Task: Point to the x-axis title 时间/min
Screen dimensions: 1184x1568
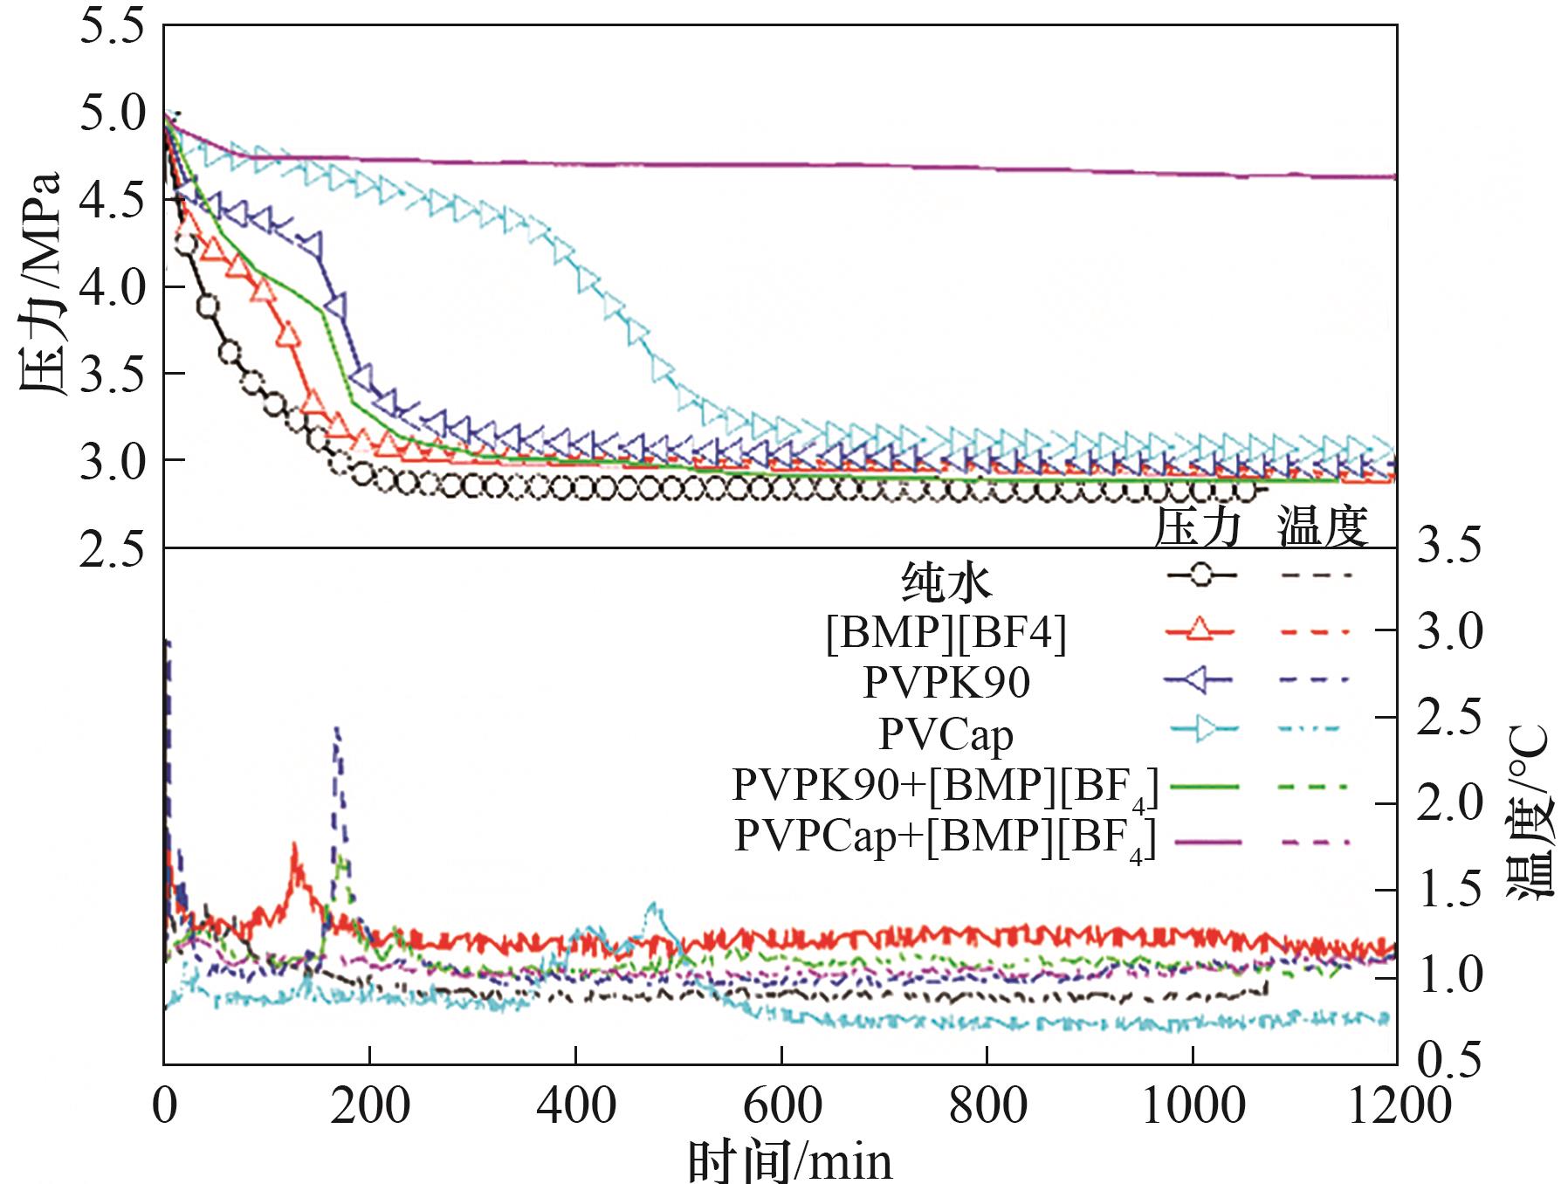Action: (790, 1162)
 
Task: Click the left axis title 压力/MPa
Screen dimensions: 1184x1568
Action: (40, 284)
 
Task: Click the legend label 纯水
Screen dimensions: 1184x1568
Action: (946, 582)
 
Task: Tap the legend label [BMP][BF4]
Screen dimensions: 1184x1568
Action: (946, 632)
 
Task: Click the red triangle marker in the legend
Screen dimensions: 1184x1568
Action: (1201, 629)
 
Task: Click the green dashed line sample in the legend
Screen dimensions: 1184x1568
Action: (1315, 788)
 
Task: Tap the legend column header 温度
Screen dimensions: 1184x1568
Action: (1322, 527)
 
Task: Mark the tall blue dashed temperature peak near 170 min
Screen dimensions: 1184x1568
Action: (336, 729)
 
